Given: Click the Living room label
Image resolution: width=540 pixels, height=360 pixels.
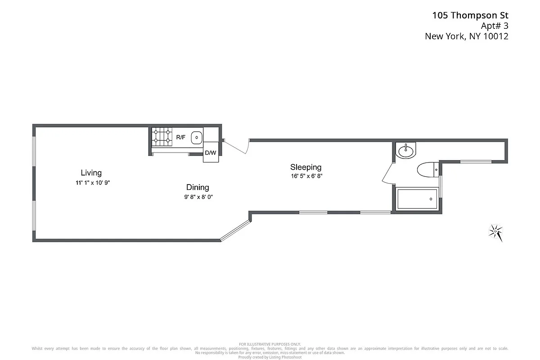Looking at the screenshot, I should (91, 173).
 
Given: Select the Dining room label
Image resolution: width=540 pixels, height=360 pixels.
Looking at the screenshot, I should (198, 188).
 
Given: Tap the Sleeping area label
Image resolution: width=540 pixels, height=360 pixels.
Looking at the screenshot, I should (306, 167).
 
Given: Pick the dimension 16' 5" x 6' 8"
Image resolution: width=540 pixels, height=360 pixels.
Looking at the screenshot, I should (306, 176).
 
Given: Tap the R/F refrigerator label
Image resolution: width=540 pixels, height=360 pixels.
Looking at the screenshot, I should (180, 137).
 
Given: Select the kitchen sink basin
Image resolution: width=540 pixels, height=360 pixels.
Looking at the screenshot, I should (197, 137).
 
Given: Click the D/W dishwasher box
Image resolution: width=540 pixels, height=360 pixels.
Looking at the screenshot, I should (211, 152).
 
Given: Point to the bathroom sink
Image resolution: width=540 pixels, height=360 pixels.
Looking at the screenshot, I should (406, 150).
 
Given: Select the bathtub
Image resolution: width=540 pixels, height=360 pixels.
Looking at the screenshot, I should (417, 199).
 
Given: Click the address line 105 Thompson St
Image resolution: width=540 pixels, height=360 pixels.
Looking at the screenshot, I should (470, 15).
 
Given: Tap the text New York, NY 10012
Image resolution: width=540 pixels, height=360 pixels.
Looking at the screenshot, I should (467, 37).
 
